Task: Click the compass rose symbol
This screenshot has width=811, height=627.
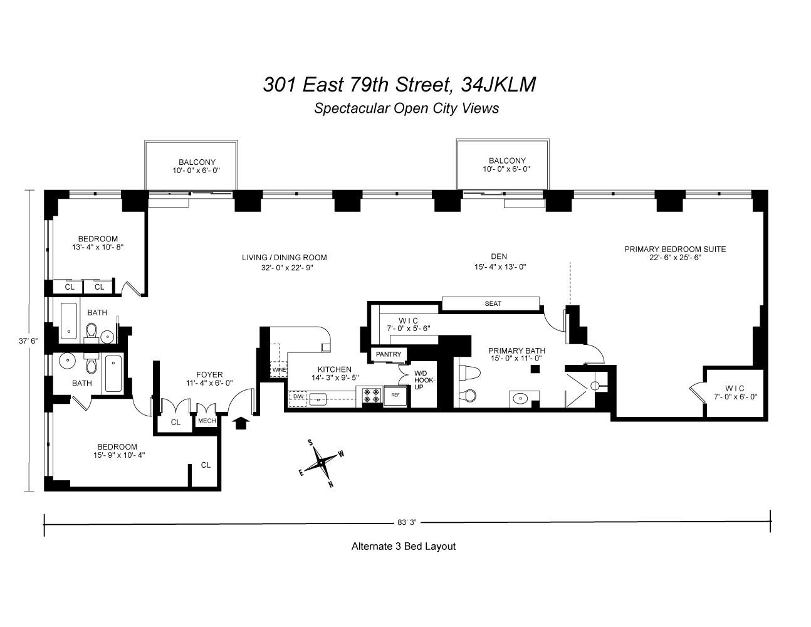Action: click(322, 463)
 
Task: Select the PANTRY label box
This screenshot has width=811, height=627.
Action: click(389, 355)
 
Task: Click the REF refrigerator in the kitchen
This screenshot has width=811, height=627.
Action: click(395, 396)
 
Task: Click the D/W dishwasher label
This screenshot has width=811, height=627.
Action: click(298, 397)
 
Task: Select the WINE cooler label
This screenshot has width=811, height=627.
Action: click(278, 370)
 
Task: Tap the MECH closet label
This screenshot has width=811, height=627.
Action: click(207, 421)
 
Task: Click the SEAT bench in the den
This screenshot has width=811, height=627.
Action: click(493, 304)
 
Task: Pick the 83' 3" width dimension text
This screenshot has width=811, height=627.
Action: click(407, 522)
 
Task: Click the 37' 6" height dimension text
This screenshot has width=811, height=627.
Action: click(28, 341)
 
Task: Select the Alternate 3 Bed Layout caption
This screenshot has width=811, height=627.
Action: click(404, 546)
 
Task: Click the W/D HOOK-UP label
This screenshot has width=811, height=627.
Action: click(424, 380)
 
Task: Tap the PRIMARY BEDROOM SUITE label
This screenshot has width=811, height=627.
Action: click(675, 249)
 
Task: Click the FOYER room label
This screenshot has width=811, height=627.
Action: click(209, 375)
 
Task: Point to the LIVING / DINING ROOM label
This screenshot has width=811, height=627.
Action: click(285, 258)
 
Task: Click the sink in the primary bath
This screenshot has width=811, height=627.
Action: click(521, 398)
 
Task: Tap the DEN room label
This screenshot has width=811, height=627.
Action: click(499, 256)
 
